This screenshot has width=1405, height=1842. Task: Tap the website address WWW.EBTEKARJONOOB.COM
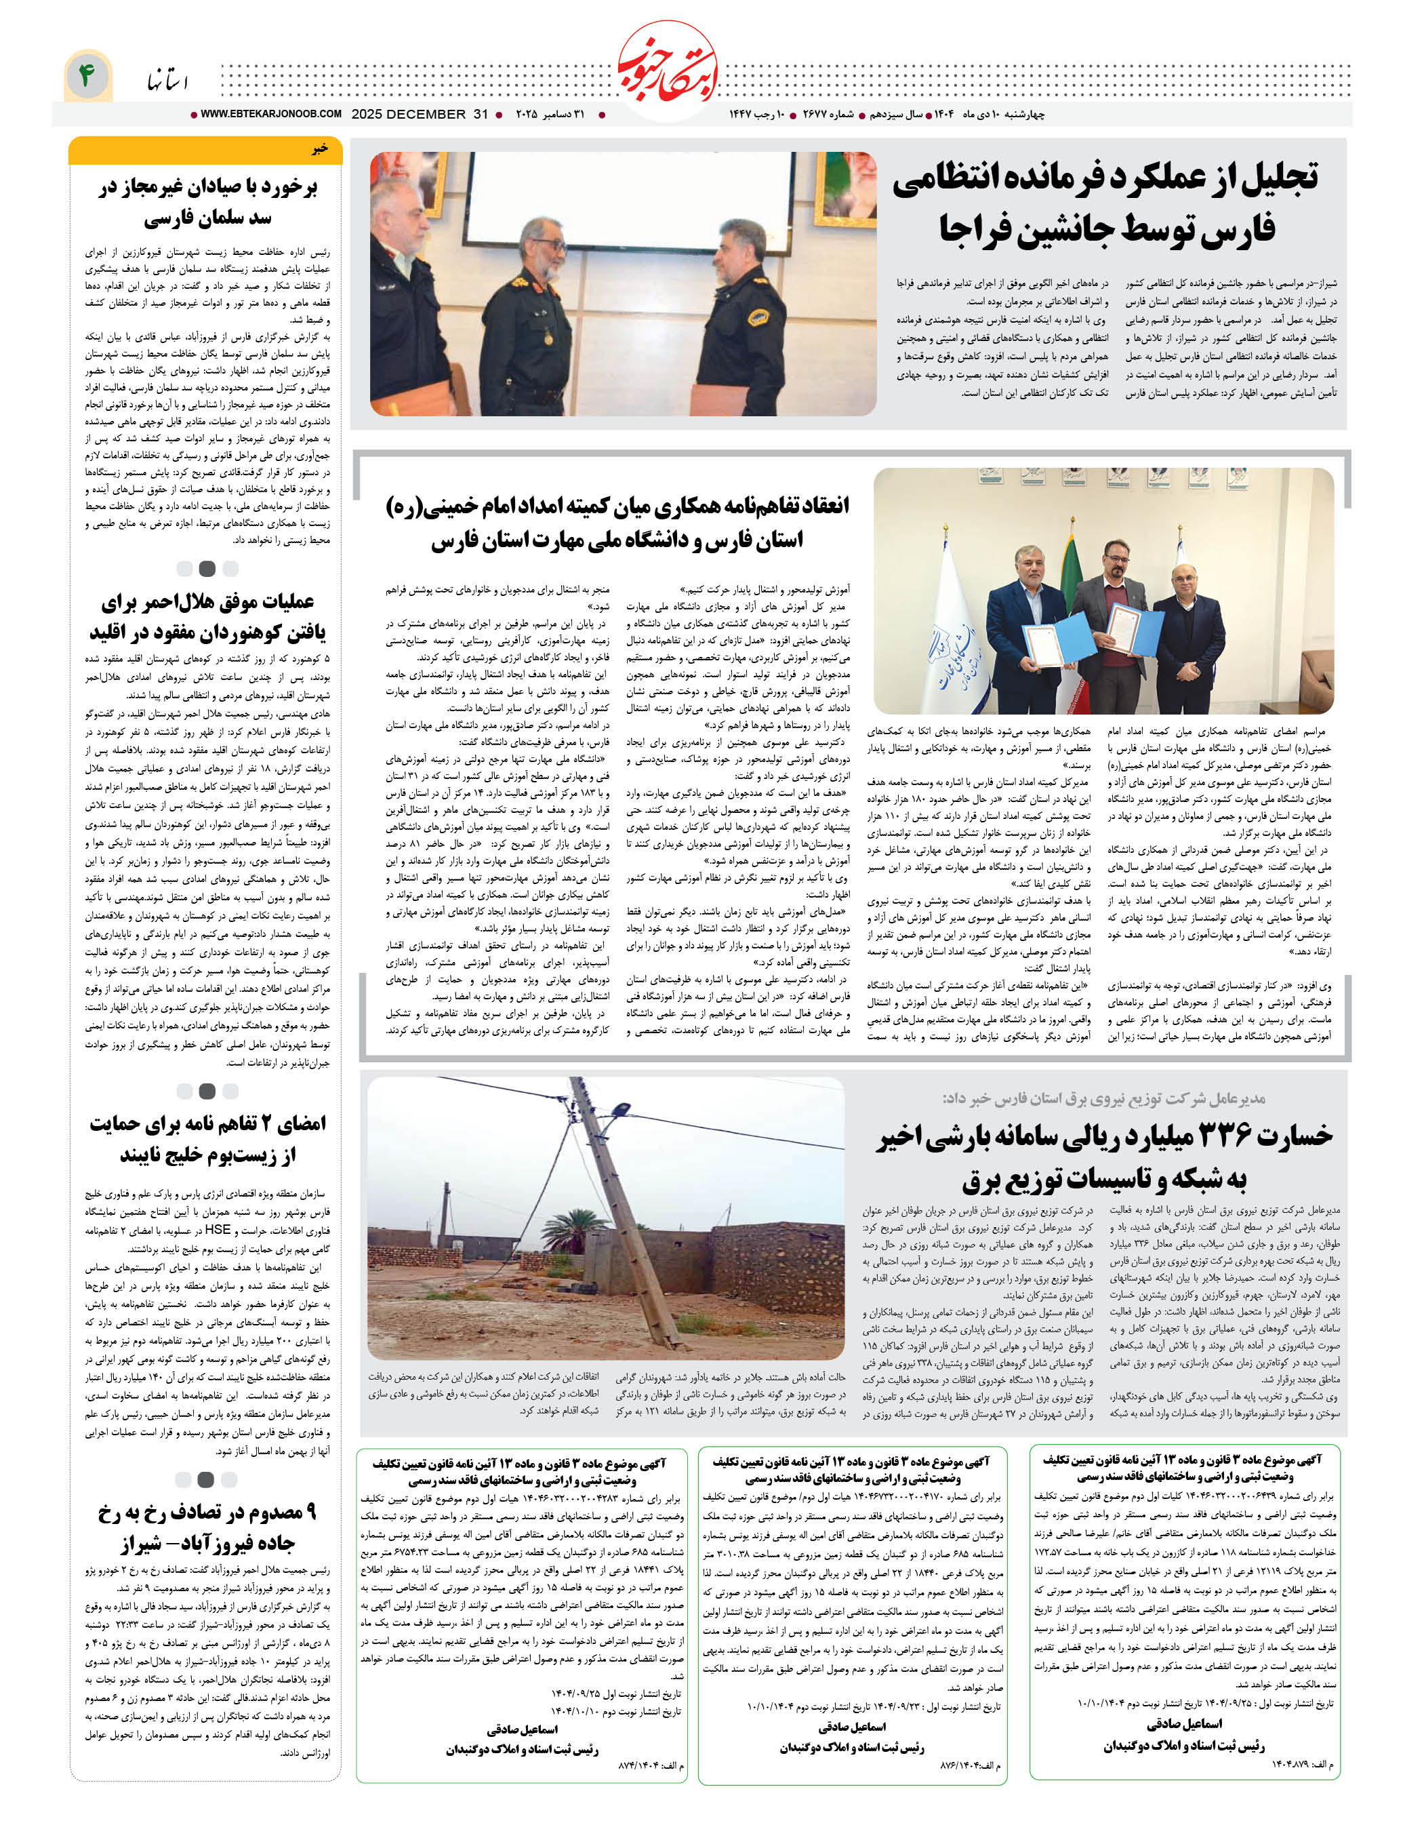[270, 114]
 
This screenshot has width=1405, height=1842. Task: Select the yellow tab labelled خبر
[206, 149]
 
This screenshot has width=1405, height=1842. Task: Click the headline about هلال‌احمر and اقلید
[207, 616]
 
